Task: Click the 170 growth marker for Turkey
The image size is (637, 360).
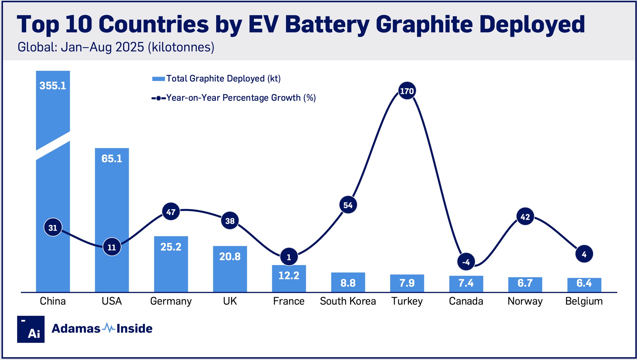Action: point(407,91)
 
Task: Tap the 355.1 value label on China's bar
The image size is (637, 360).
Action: point(53,86)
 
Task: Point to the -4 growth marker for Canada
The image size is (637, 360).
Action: point(466,262)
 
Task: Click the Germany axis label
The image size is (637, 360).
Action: point(171,301)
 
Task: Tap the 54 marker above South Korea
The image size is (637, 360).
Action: point(348,205)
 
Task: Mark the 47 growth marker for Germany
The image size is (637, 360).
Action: point(171,212)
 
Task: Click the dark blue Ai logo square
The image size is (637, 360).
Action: point(31,329)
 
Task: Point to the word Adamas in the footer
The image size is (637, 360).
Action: point(76,328)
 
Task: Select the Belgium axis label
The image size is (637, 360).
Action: point(584,301)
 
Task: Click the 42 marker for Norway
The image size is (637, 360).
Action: point(525,217)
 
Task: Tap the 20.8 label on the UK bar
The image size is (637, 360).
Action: point(230,256)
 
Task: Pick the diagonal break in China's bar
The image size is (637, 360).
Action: point(53,145)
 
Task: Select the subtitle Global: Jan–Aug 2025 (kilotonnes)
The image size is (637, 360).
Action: point(116,47)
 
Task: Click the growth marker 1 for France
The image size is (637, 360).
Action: point(289,257)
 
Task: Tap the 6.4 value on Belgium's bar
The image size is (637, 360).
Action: point(584,283)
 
